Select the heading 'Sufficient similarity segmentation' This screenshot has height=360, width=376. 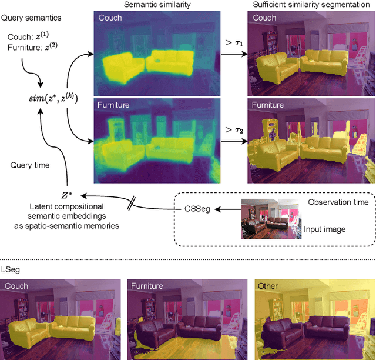coord(309,5)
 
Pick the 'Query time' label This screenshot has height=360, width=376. coord(29,165)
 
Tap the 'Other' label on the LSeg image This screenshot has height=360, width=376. coord(269,286)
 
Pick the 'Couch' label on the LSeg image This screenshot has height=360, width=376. coord(16,286)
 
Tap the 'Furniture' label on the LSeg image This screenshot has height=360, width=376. coord(147,286)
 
